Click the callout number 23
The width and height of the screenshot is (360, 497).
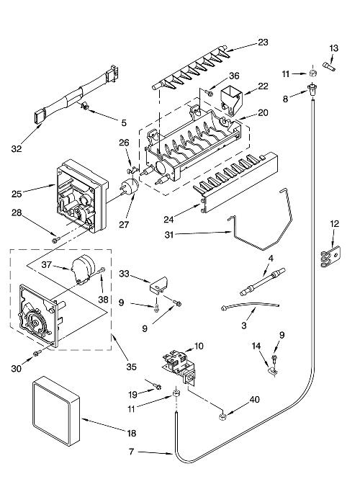pyautogui.click(x=263, y=42)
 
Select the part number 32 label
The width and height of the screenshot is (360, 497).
pyautogui.click(x=17, y=148)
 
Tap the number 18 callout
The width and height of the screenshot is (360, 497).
pyautogui.click(x=132, y=433)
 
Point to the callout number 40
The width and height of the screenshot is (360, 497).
pyautogui.click(x=254, y=399)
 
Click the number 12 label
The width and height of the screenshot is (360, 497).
pyautogui.click(x=335, y=224)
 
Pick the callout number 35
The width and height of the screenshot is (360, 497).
pyautogui.click(x=132, y=367)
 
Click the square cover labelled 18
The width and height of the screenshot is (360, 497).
pyautogui.click(x=55, y=411)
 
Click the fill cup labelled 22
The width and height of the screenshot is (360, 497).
pyautogui.click(x=230, y=100)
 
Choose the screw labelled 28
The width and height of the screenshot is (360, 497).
pyautogui.click(x=56, y=240)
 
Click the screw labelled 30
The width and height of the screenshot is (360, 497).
pyautogui.click(x=37, y=353)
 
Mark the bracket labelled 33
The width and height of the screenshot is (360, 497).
pyautogui.click(x=158, y=283)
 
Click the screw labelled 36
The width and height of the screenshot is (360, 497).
pyautogui.click(x=209, y=92)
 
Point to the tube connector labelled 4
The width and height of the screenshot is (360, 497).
pyautogui.click(x=262, y=282)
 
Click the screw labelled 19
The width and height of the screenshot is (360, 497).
pyautogui.click(x=157, y=387)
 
